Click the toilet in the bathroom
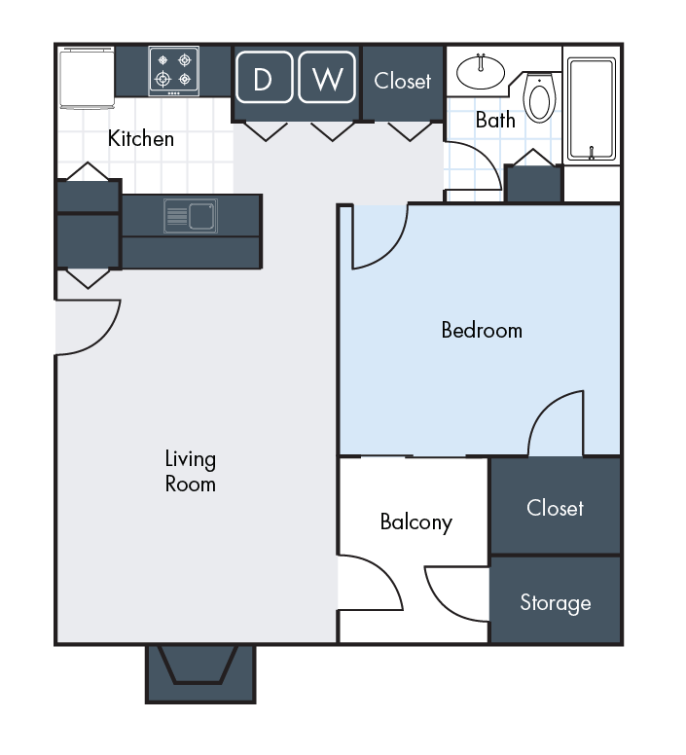(x=539, y=98)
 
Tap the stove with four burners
(x=174, y=71)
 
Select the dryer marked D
(x=263, y=79)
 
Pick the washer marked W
(x=327, y=79)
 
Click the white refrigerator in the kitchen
(x=87, y=78)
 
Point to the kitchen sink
(x=190, y=215)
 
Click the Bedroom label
(x=482, y=330)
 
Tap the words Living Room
(x=190, y=471)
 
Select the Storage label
(x=555, y=603)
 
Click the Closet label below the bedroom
(x=555, y=508)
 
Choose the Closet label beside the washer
(x=402, y=81)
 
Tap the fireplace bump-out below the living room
(x=200, y=671)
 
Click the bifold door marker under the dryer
(x=264, y=130)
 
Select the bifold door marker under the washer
(x=333, y=130)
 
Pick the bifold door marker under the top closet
(x=409, y=130)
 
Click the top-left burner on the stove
(x=162, y=59)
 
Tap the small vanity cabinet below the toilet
(x=533, y=184)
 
